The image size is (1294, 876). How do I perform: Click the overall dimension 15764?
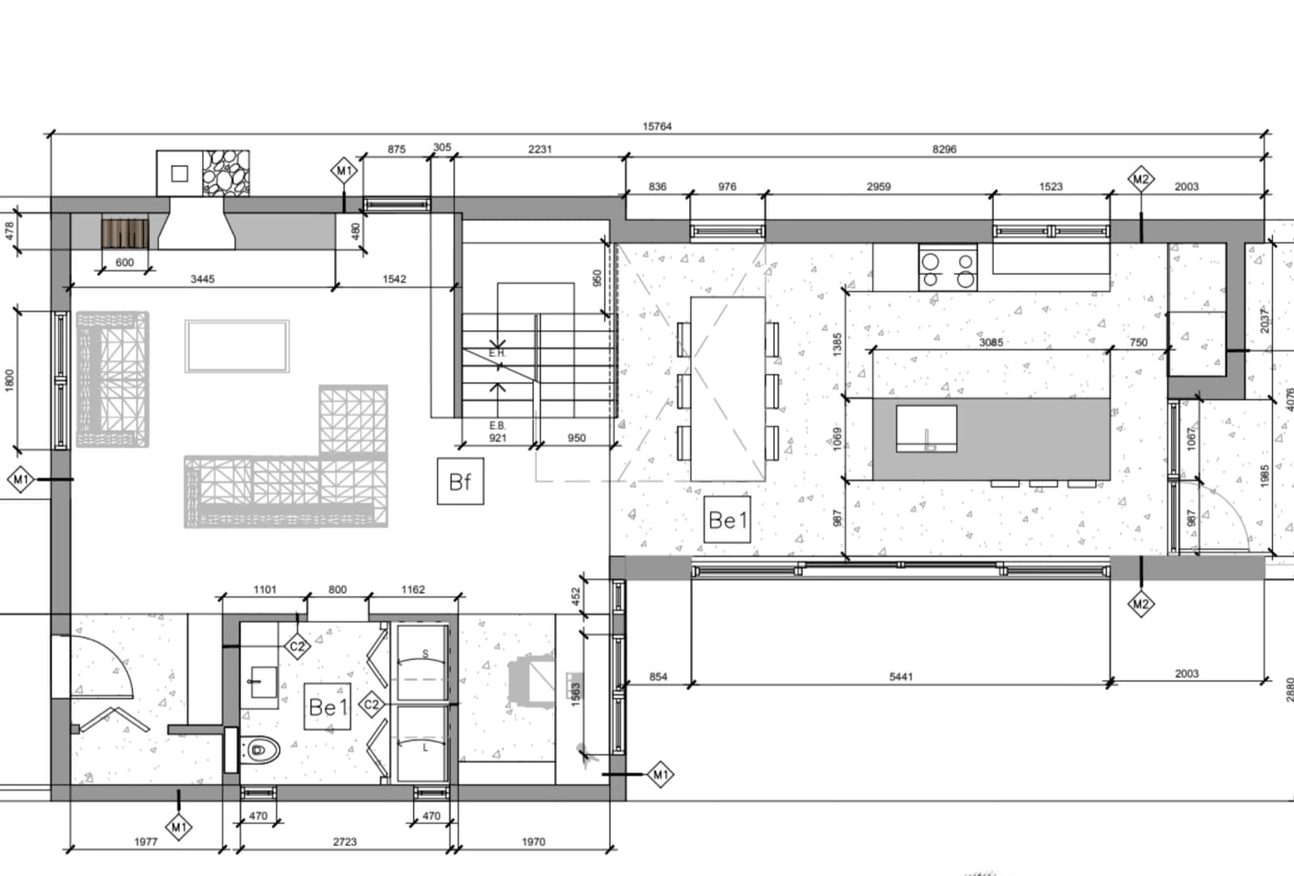pos(657,126)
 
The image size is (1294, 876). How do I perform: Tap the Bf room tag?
pos(460,481)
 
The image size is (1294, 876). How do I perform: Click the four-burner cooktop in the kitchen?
pos(948,267)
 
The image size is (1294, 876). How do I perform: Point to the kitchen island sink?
pos(927,428)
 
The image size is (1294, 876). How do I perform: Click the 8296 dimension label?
pos(945,150)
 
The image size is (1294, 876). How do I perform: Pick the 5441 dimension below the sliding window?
pos(901,677)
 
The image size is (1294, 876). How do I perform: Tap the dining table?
pos(728,389)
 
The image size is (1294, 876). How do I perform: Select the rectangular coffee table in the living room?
pos(237,346)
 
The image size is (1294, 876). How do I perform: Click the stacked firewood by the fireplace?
pos(125,234)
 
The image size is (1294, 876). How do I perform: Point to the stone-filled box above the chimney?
pos(226,173)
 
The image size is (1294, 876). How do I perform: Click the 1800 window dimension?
pos(9,380)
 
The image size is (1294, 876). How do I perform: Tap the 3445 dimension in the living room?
pos(202,279)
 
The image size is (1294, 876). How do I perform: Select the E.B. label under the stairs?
pos(497,425)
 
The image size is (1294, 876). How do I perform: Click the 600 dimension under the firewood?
pos(125,262)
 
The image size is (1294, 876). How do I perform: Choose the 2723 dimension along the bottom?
pos(345,842)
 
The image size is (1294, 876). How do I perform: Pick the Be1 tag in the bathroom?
pos(328,706)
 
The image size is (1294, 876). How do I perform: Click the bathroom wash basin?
pos(264,683)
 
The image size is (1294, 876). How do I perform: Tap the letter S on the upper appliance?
pos(425,654)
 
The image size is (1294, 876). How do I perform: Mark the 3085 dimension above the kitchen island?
pos(991,343)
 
